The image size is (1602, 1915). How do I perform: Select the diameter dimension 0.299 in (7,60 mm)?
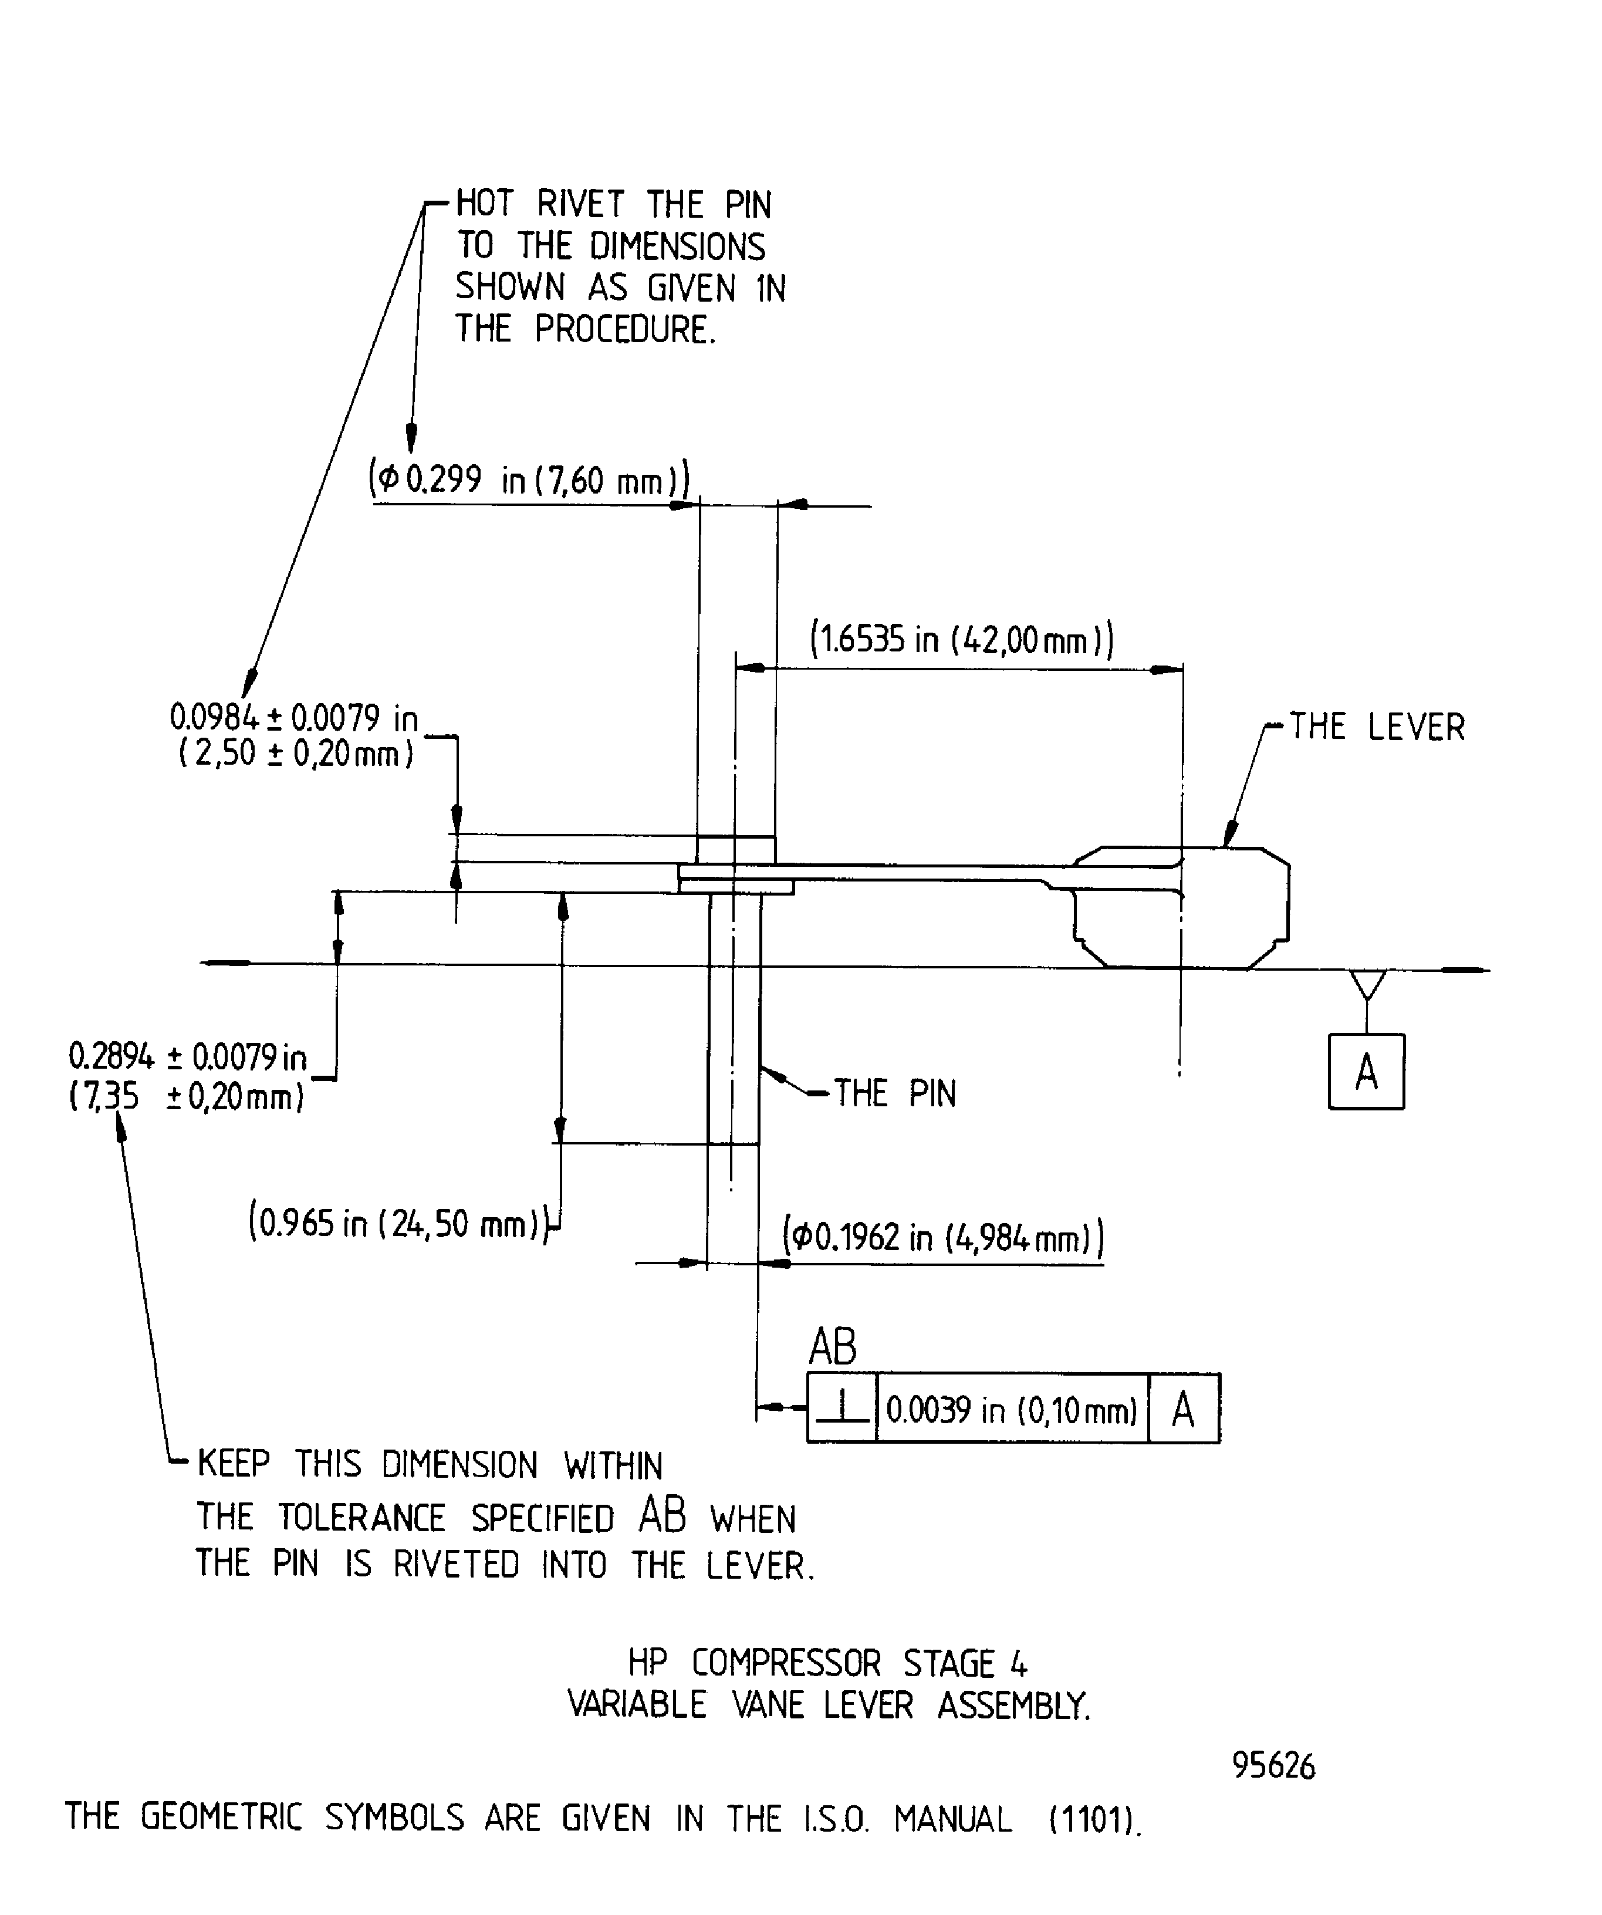529,479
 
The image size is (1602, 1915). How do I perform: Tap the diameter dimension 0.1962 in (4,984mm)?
944,1238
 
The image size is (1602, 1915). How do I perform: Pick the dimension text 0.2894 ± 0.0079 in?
188,1057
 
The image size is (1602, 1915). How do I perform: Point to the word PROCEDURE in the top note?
621,329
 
